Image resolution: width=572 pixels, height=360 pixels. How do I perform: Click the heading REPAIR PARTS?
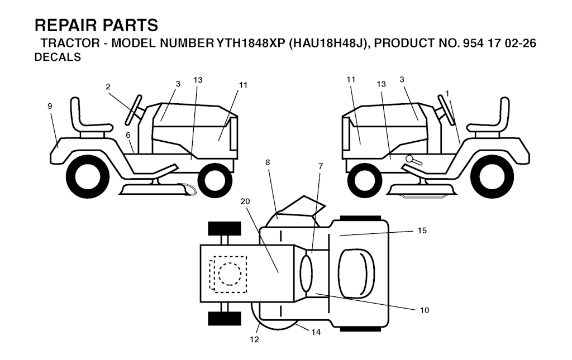point(96,26)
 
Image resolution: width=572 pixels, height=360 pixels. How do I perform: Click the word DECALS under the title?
point(58,57)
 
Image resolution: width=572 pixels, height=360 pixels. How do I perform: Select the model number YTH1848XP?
point(251,44)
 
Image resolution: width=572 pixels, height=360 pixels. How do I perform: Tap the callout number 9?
point(50,106)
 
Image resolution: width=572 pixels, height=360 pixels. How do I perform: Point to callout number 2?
point(108,87)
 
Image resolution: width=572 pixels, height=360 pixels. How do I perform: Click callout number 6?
point(128,135)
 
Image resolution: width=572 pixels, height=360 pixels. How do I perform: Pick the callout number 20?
point(246,201)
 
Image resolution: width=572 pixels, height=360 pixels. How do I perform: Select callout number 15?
point(422,231)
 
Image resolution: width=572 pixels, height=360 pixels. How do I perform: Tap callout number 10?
point(425,310)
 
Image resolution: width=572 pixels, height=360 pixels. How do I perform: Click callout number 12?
point(254,339)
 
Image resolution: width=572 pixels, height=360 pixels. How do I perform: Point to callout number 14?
point(316,332)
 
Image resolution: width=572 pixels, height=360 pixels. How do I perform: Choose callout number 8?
point(268,162)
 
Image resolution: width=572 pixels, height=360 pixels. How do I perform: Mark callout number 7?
point(321,166)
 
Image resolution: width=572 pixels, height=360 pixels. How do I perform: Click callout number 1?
point(447,94)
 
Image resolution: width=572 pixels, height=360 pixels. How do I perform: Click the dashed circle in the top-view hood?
point(230,273)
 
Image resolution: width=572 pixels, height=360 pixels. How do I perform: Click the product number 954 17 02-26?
point(499,44)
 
